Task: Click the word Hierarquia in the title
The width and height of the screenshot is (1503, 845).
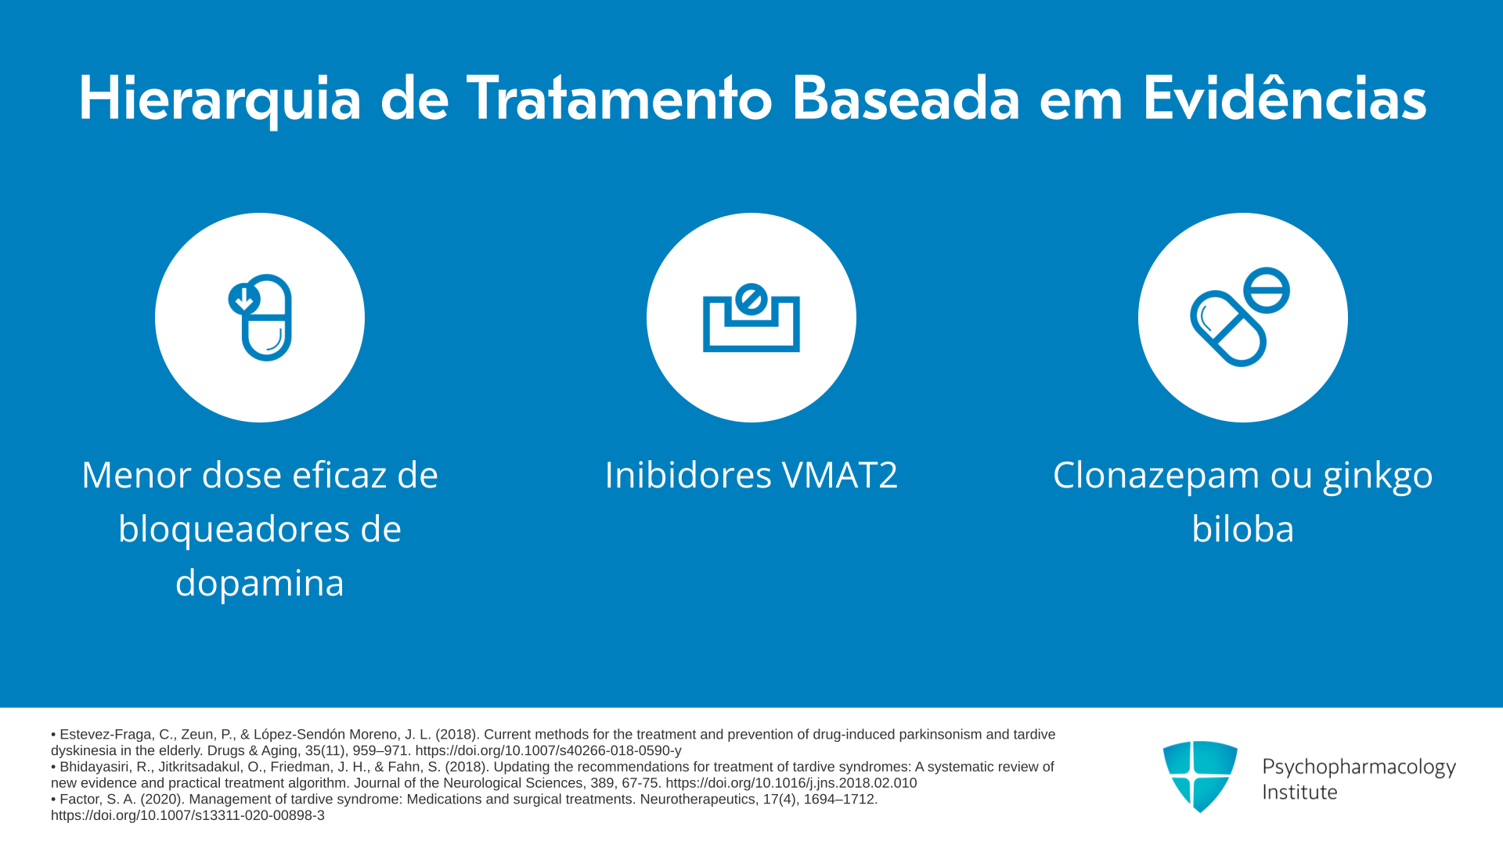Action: [x=220, y=99]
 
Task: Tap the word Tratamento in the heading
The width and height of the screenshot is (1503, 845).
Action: [x=619, y=99]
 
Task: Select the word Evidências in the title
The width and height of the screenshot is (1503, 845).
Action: [x=1285, y=99]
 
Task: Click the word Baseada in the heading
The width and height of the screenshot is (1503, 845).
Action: [x=906, y=99]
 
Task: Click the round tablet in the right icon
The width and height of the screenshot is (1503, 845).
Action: [x=1266, y=290]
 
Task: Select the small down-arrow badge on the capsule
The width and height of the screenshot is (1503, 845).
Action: [x=244, y=299]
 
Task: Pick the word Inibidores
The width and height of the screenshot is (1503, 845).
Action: [x=688, y=475]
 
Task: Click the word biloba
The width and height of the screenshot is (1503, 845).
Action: [x=1242, y=529]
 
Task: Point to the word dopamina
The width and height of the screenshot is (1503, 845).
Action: [x=260, y=583]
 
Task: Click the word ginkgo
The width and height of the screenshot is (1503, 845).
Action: [x=1378, y=476]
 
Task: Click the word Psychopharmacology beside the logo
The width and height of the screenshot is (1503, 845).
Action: [x=1359, y=768]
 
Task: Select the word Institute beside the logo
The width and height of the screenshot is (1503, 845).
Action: [x=1299, y=793]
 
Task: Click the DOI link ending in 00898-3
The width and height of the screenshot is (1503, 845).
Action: [x=188, y=815]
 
